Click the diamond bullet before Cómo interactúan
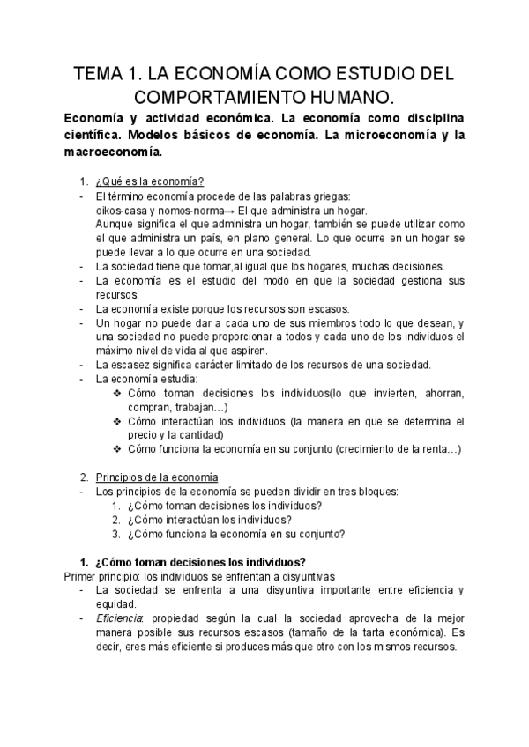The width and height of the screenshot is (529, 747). (x=117, y=421)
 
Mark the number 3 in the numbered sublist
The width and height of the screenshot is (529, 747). (x=115, y=533)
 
